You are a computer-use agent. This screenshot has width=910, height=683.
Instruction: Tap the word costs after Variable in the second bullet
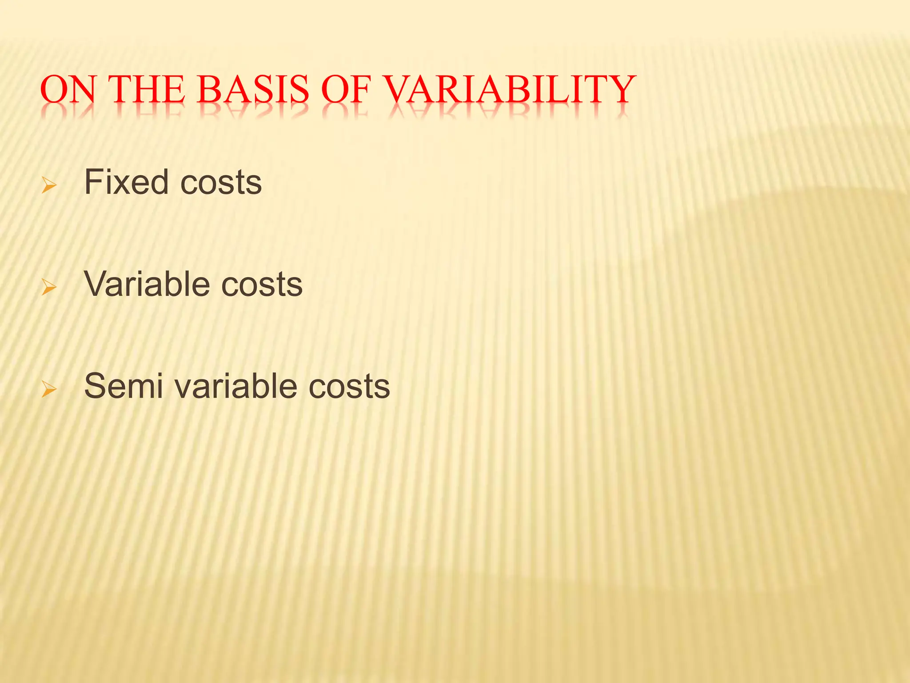(262, 285)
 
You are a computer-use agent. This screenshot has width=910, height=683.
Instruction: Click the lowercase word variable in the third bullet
(236, 386)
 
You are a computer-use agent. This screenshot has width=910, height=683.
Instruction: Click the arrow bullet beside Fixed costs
(49, 185)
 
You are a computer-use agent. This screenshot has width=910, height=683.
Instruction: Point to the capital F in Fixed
(94, 182)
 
